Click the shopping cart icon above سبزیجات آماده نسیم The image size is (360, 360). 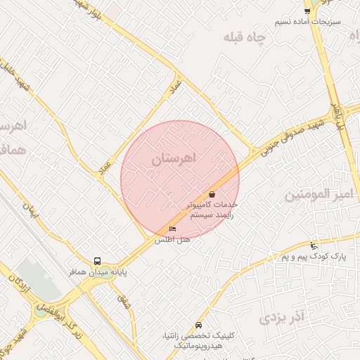tap(307, 11)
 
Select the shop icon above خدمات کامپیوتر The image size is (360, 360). tap(212, 193)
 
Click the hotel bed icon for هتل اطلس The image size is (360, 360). tap(173, 229)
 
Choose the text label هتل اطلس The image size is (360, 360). tap(173, 240)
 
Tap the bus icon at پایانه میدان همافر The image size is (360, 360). tap(98, 260)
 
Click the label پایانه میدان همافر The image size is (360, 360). tap(98, 271)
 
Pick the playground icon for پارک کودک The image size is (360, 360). tap(313, 246)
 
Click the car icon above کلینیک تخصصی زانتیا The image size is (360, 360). tap(199, 326)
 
